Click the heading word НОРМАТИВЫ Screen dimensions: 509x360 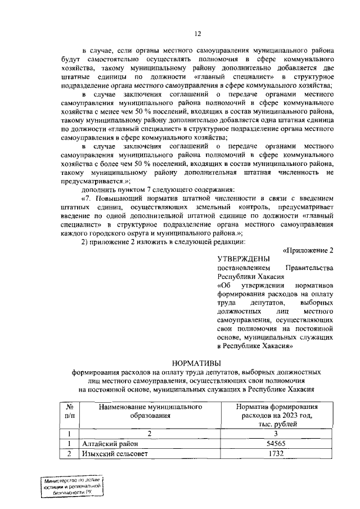click(197, 362)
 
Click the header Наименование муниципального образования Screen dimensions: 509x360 click(150, 411)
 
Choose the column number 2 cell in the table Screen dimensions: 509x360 click(150, 434)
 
